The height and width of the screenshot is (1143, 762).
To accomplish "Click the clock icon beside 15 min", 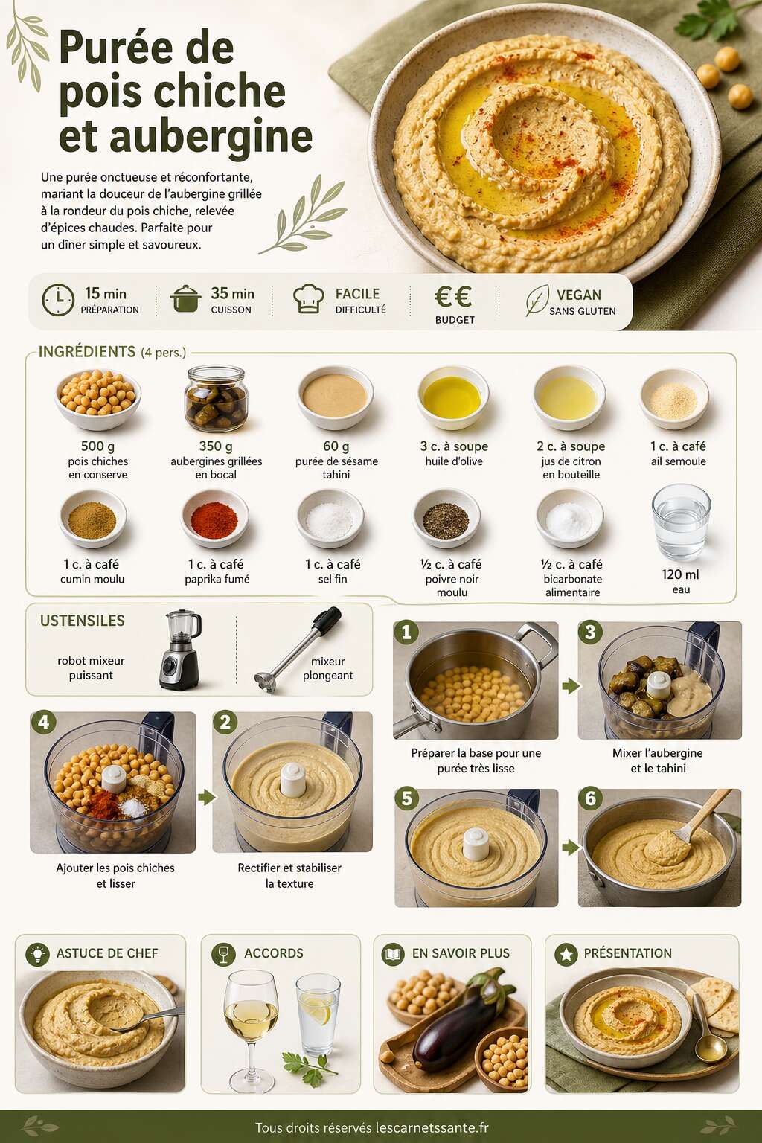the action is pos(58,300).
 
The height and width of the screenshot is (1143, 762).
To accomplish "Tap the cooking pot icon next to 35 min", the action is pos(185,298).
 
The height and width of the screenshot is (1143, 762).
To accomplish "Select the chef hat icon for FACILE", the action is pos(309,298).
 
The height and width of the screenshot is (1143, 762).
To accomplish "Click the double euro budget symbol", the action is pos(452,296).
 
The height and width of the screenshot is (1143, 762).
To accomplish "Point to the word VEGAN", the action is pos(579,295).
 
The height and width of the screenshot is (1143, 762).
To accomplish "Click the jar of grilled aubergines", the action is pos(216,398).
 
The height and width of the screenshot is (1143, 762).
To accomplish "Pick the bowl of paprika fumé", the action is pos(214,518).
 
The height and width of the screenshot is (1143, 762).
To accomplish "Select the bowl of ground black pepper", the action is pos(446,518).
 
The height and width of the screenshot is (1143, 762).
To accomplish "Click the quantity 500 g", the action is pos(97,446).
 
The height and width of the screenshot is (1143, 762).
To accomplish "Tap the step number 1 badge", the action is pos(406,633).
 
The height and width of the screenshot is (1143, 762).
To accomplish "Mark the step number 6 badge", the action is pos(591,798).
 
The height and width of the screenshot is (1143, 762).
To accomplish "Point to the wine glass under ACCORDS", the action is pos(251,1030).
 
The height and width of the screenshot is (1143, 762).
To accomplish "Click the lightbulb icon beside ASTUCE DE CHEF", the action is pos(37,954).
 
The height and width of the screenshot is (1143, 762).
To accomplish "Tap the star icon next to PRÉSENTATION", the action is pos(566,954).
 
